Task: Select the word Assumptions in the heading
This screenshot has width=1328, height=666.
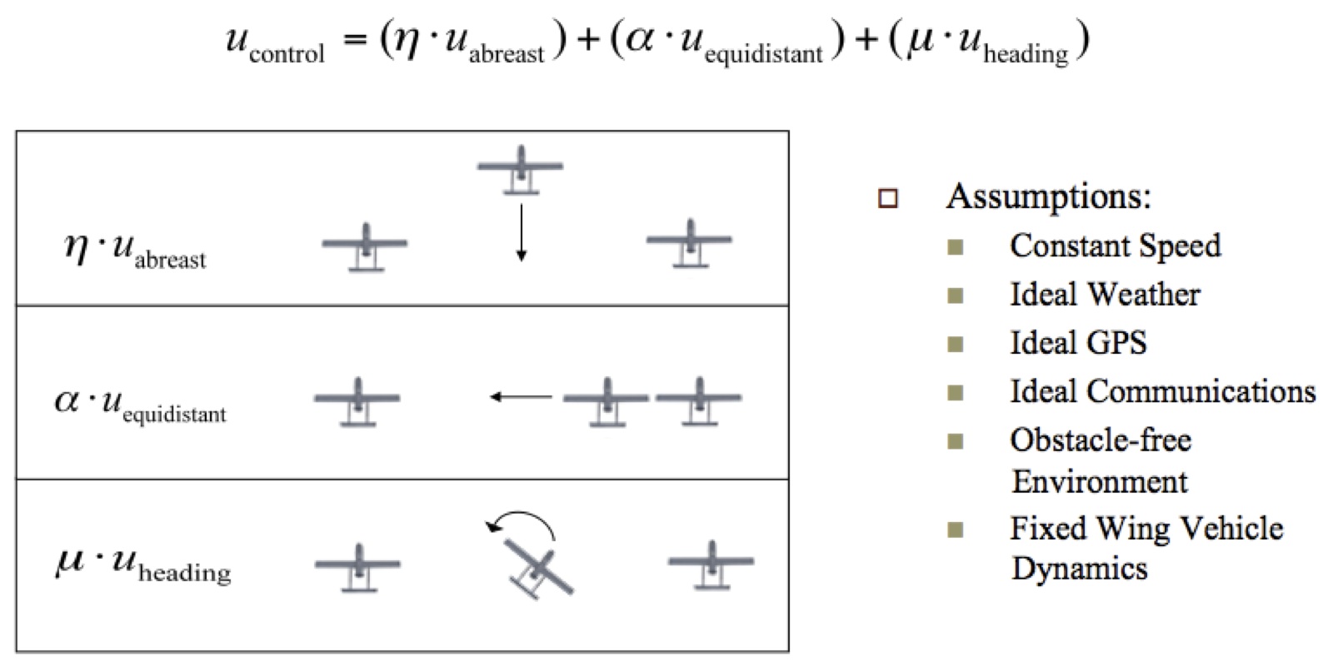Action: (1048, 197)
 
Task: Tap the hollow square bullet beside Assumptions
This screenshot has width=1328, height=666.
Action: (888, 199)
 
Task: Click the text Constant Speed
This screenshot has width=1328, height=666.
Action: (1115, 246)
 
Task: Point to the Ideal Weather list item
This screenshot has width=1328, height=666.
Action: (1105, 295)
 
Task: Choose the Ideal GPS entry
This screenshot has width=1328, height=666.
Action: (1078, 343)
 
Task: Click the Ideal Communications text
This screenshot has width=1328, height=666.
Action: (1162, 391)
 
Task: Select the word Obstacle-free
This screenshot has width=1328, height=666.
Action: (1101, 440)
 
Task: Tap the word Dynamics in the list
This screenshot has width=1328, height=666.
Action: (1080, 569)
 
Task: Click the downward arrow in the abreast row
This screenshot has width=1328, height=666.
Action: (521, 233)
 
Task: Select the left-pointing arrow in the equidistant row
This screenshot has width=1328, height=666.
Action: (521, 397)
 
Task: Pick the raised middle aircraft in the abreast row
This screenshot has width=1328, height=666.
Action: (521, 169)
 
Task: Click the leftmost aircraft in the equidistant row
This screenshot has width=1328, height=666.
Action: (357, 401)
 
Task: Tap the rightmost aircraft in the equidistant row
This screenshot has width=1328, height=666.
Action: (698, 401)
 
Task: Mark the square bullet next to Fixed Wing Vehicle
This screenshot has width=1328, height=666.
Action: (956, 529)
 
